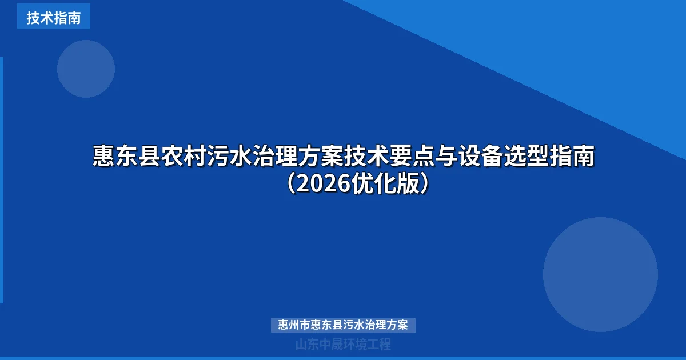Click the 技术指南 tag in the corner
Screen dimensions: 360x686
54,18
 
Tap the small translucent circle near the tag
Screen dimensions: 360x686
86,69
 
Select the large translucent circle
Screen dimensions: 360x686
600,274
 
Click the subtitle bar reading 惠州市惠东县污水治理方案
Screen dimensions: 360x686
343,325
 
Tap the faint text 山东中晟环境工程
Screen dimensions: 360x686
343,345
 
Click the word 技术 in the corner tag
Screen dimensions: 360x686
40,18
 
